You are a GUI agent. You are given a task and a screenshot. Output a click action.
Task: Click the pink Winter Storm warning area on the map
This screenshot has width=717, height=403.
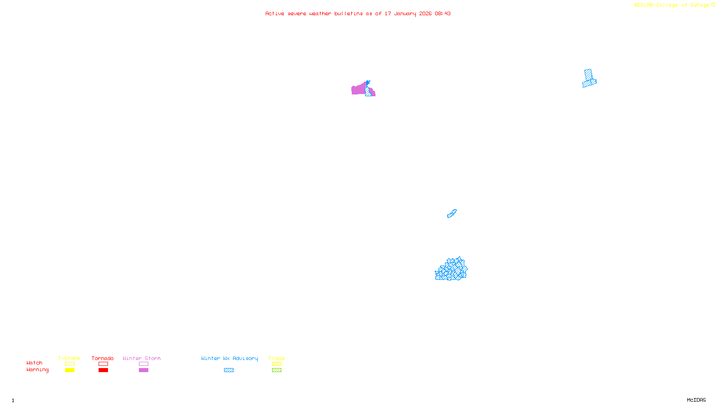pos(358,90)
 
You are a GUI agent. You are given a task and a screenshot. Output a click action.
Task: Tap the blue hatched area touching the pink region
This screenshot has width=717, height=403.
pos(368,92)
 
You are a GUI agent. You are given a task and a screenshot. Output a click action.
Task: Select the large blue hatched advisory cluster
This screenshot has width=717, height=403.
pos(451,270)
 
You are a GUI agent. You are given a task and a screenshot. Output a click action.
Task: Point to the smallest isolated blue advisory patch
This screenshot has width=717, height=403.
pos(452,214)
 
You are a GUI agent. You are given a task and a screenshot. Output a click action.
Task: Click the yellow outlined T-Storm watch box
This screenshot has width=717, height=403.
pos(69,364)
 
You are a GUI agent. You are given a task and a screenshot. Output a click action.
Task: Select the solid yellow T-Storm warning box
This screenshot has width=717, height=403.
pos(69,370)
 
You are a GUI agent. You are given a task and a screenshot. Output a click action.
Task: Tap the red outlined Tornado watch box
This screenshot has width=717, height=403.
pos(103,364)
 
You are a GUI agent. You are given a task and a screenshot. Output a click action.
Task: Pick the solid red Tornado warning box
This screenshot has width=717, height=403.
pos(103,370)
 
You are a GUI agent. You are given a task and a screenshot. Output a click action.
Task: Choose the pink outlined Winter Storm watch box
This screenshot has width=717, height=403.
pos(143,364)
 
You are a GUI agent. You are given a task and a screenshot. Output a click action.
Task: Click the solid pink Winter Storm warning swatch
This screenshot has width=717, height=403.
pos(143,370)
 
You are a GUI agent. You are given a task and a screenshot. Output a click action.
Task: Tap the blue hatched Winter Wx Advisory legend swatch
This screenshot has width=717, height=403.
pos(229,370)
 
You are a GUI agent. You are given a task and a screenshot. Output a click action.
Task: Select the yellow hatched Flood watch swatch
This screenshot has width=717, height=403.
pos(276,364)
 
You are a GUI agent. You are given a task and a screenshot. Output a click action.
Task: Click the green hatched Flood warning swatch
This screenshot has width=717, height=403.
pos(276,370)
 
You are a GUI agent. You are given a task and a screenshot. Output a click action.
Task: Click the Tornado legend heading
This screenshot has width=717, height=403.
pos(103,358)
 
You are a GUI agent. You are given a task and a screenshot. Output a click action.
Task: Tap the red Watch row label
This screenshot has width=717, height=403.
pos(35,363)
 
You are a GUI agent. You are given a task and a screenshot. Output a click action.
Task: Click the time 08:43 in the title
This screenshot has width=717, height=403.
pos(442,13)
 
